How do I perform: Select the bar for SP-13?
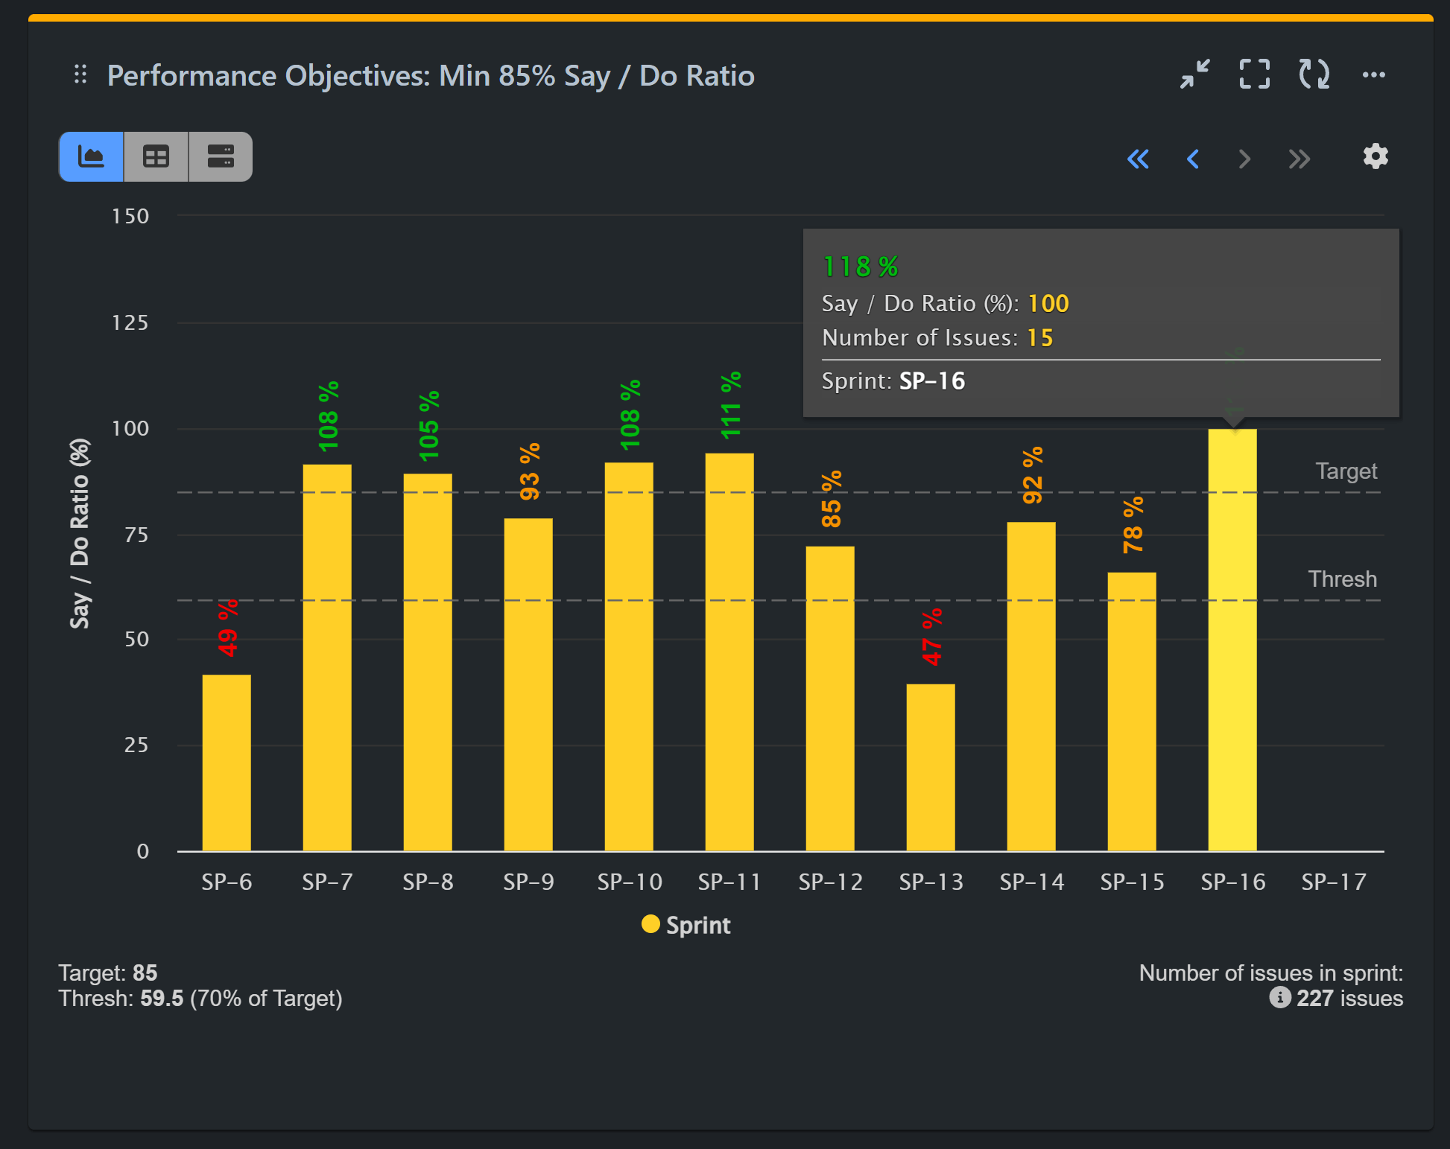pos(931,767)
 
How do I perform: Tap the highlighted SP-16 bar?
pos(1232,640)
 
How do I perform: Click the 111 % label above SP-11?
pos(730,405)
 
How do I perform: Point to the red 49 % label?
pos(228,628)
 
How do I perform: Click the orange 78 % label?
pos(1133,526)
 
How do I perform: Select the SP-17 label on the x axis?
pos(1334,882)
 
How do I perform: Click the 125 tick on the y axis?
pos(130,322)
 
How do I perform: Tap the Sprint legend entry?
pos(686,925)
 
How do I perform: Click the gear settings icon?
pos(1375,156)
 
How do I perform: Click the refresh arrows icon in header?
pos(1314,74)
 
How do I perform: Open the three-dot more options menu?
pos(1373,74)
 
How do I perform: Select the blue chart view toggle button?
pos(92,157)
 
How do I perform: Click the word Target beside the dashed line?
pos(1346,471)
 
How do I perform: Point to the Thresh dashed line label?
pos(1342,579)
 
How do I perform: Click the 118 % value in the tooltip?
pos(861,267)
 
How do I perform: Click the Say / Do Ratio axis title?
pos(80,533)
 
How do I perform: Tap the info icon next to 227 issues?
pos(1280,997)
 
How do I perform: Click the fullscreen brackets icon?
pos(1255,74)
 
